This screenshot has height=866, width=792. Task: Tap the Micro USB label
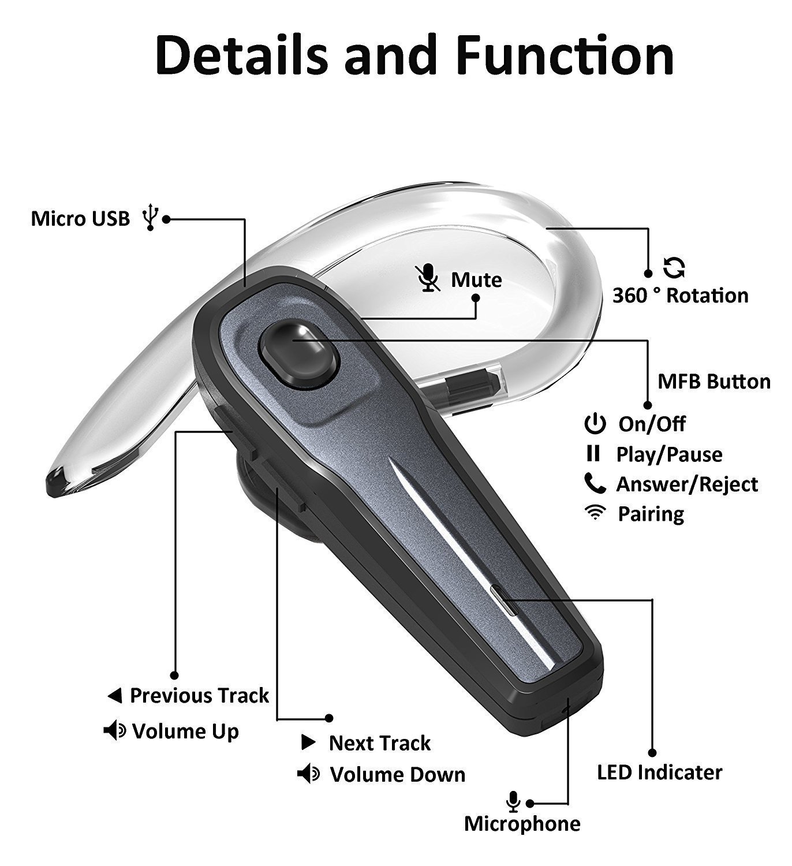80,219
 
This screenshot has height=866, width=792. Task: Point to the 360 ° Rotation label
680,296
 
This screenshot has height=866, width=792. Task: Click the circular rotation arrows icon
674,267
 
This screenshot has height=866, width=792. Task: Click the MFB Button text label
714,382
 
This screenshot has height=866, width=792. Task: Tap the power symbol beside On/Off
595,424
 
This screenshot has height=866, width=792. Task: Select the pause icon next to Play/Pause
593,454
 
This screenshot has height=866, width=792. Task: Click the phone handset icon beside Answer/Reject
595,484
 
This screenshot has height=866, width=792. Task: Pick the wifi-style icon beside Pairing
593,513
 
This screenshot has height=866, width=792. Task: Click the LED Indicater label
659,772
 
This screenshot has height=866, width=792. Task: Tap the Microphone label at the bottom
522,824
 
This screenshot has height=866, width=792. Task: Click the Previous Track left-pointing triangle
115,696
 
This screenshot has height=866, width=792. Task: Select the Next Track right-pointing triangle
309,743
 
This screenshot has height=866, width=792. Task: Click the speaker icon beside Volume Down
308,774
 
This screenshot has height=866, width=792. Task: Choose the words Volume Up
185,731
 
